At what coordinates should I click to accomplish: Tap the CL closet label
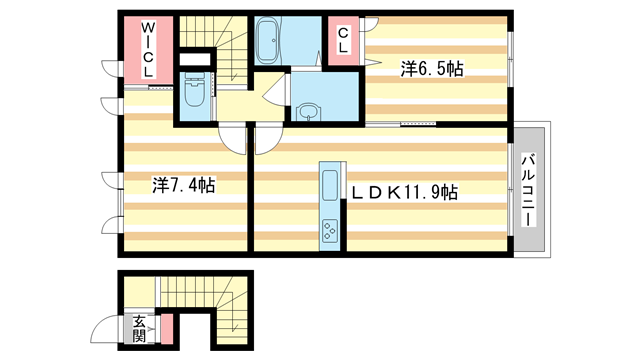(x=344, y=40)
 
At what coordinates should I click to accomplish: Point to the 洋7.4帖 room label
(x=184, y=185)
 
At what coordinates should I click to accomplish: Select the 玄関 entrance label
(x=139, y=328)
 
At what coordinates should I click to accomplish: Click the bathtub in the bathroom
(x=269, y=42)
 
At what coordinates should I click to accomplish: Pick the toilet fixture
(x=194, y=96)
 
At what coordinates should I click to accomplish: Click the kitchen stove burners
(x=330, y=233)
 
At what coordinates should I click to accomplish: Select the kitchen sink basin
(x=330, y=186)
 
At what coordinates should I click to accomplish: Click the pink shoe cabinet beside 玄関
(x=167, y=328)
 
